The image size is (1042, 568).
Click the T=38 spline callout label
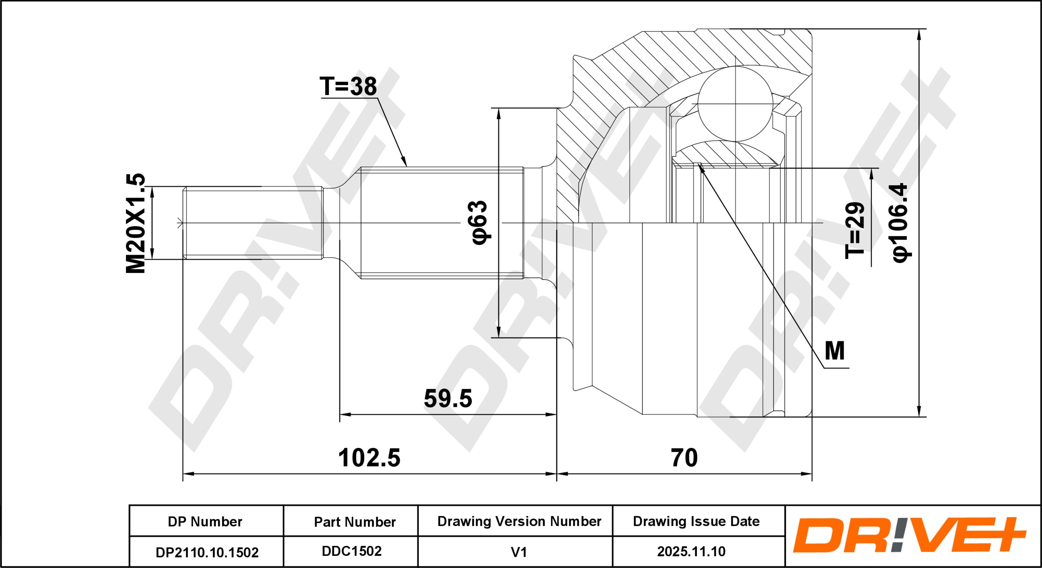click(x=348, y=86)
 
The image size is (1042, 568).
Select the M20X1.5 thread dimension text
click(x=136, y=223)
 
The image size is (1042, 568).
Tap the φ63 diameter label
click(x=479, y=223)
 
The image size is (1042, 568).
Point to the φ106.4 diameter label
click(x=900, y=223)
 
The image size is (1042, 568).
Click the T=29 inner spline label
click(x=855, y=230)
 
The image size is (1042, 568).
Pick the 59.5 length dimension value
click(x=448, y=398)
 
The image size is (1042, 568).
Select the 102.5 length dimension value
click(x=369, y=458)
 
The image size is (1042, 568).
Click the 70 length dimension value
click(x=684, y=458)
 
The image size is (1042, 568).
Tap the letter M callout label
click(x=835, y=351)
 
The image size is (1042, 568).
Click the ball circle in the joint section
click(x=735, y=104)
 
